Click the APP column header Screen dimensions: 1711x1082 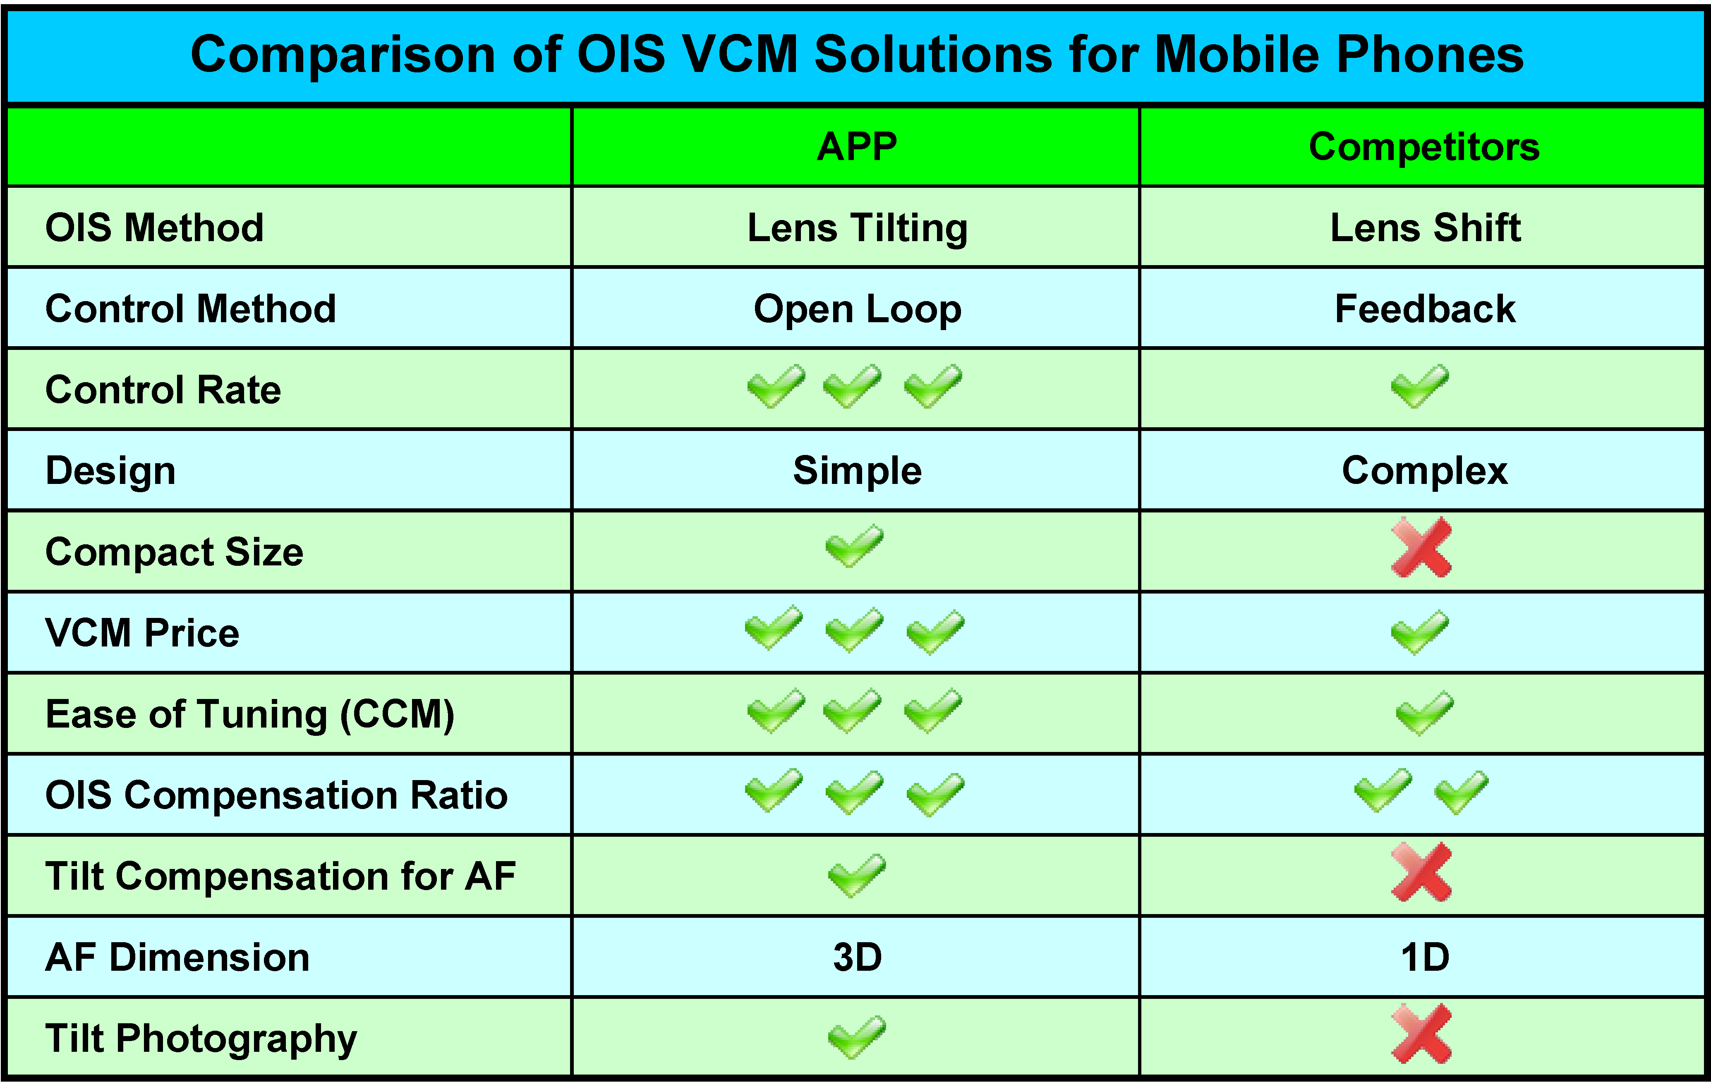856,147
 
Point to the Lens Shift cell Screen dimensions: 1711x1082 1425,227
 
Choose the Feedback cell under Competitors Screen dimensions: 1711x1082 1425,308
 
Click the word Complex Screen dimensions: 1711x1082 1425,471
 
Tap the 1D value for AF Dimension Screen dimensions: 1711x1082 1425,957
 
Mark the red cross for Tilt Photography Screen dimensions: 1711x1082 1421,1034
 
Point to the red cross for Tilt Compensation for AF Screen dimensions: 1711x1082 1421,872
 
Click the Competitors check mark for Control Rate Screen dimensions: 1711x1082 1420,386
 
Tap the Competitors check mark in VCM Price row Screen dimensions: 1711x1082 1420,632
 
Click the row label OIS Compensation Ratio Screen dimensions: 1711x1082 276,795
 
